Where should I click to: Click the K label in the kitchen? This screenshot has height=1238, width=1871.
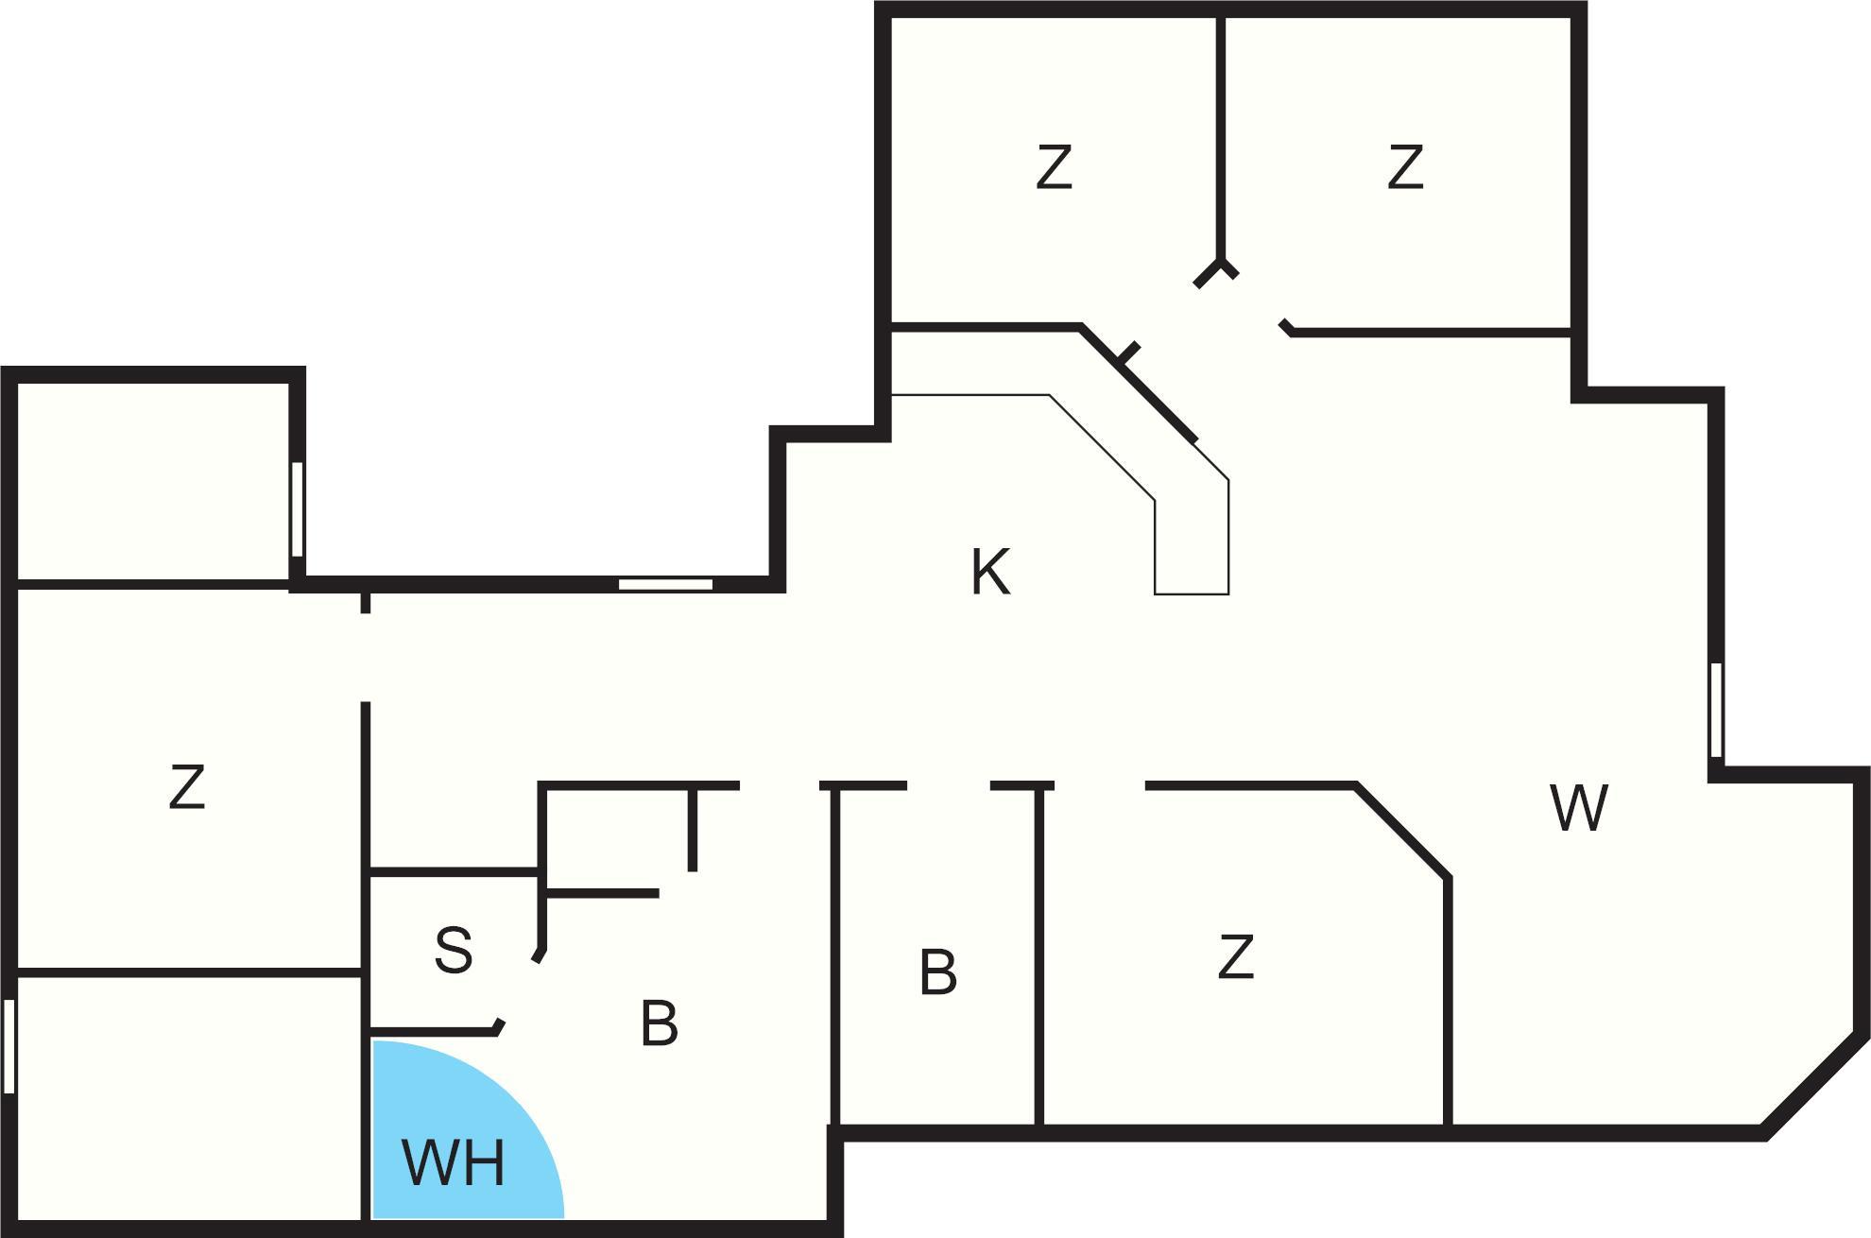(x=990, y=572)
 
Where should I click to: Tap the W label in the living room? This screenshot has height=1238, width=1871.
(x=1579, y=808)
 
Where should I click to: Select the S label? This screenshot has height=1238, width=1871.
(x=454, y=950)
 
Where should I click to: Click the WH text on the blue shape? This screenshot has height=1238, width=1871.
(x=454, y=1162)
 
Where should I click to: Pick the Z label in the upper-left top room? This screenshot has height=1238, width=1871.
(x=1054, y=167)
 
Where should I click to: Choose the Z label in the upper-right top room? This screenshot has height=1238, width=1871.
(x=1405, y=167)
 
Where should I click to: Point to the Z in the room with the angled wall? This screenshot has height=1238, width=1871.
(x=1236, y=956)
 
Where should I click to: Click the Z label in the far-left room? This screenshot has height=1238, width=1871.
(x=187, y=787)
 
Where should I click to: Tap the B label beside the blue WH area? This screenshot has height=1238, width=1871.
(x=660, y=1023)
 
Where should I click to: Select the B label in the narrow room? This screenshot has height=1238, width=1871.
(x=938, y=972)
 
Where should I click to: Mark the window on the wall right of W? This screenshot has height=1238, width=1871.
(x=1716, y=710)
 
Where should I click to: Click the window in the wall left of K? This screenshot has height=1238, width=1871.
(x=665, y=584)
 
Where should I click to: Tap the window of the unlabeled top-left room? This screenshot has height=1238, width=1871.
(x=297, y=509)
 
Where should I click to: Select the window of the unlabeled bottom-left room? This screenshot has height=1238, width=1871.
(x=9, y=1046)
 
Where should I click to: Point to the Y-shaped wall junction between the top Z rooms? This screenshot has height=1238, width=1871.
(x=1217, y=271)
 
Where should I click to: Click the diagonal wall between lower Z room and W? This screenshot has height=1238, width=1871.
(x=1401, y=832)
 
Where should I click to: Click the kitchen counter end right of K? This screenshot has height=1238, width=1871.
(x=1192, y=594)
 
